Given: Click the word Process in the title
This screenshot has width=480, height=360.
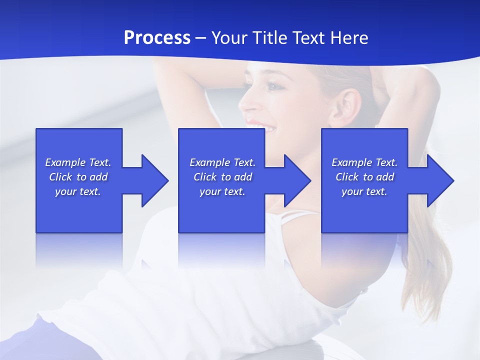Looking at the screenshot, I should click(x=157, y=38).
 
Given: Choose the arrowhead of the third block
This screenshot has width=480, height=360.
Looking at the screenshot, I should click(x=439, y=180).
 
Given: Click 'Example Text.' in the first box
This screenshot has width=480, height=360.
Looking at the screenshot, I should click(x=78, y=162).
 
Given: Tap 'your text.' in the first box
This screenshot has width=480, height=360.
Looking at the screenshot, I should click(x=78, y=191).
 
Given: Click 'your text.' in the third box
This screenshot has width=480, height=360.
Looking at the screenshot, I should click(x=364, y=191).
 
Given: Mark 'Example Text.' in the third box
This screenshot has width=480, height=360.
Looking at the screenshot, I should click(x=364, y=162).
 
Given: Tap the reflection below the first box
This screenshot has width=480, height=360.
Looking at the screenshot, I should click(x=79, y=250).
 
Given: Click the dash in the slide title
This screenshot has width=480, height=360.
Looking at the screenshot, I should click(x=201, y=38).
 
